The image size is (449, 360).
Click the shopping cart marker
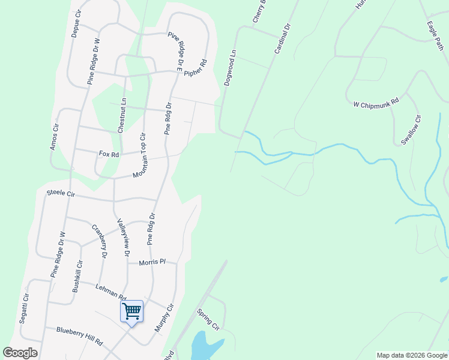[131, 311]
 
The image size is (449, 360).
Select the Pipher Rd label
[195, 68]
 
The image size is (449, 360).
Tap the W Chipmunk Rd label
[376, 104]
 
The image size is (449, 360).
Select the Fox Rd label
[109, 154]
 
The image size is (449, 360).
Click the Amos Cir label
[56, 137]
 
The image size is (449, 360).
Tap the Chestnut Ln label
[122, 115]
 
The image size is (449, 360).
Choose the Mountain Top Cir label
[140, 154]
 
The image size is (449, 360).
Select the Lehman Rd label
[110, 292]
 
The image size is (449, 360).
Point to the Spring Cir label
[208, 319]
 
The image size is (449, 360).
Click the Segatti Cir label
[25, 309]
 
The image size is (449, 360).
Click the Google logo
[20, 353]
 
